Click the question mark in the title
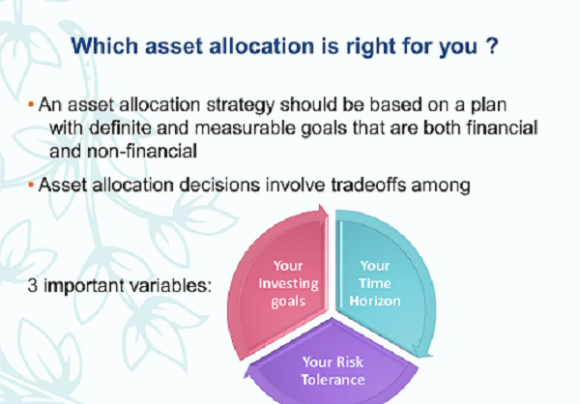(x=492, y=45)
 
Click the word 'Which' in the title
(x=104, y=45)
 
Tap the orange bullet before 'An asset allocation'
(x=31, y=104)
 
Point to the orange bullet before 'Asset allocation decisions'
(x=31, y=185)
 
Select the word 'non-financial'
(x=142, y=151)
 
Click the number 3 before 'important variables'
(x=33, y=286)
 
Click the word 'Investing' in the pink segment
(x=288, y=284)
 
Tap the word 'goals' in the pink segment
(x=288, y=302)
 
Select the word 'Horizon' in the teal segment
(x=375, y=302)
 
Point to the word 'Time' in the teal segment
(x=375, y=283)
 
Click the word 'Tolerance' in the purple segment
(x=333, y=380)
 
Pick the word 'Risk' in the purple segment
(x=350, y=361)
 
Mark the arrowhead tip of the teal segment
(x=432, y=357)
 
